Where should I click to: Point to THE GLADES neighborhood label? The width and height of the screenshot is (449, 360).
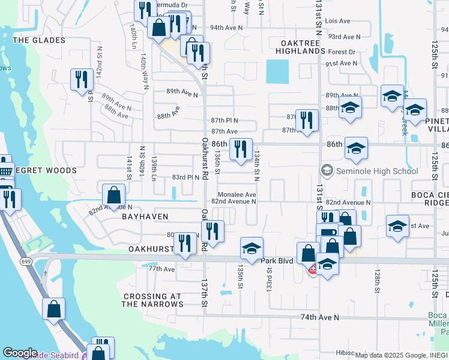[x=39, y=40]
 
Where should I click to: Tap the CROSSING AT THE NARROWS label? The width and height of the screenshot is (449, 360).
[x=152, y=301]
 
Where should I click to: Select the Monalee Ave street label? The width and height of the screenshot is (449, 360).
[x=237, y=195]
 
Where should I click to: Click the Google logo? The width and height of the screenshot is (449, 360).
[x=20, y=353]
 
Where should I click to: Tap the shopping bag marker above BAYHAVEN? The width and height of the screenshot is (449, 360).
[x=114, y=194]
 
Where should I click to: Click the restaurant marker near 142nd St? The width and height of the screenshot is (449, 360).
[x=80, y=79]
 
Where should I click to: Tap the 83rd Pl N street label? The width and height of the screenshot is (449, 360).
[x=185, y=178]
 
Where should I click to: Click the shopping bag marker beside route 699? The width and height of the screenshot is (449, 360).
[x=53, y=309]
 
